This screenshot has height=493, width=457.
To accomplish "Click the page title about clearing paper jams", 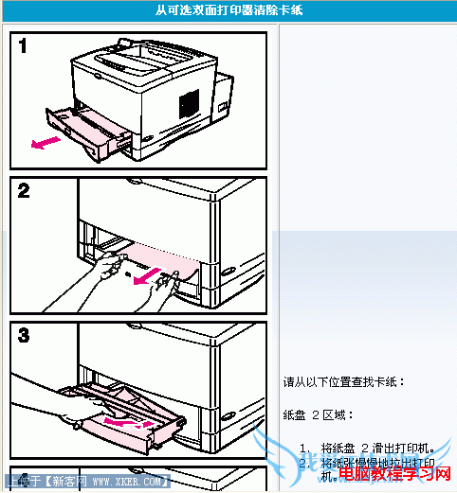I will tap(228, 9).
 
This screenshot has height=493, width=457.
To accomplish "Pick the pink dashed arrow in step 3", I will tap(128, 420).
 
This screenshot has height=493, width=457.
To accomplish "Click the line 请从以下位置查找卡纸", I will tap(344, 382).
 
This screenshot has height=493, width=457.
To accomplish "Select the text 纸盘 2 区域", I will tap(318, 415).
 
